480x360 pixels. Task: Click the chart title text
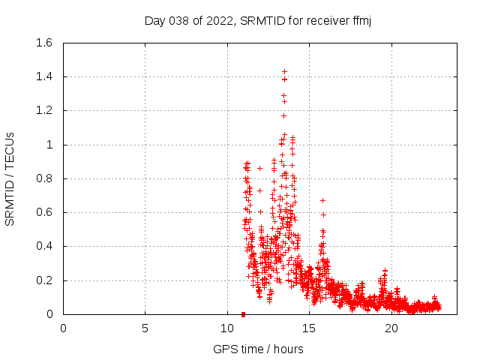pos(258,20)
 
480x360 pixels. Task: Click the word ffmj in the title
pos(360,20)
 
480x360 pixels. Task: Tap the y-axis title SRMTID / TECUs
pos(10,178)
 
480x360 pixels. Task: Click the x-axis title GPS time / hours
pos(258,349)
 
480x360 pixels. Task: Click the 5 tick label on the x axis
pos(145,328)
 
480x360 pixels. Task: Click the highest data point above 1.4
pos(284,71)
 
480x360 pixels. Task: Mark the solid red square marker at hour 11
pos(244,314)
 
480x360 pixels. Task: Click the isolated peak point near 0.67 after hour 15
pos(322,200)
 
